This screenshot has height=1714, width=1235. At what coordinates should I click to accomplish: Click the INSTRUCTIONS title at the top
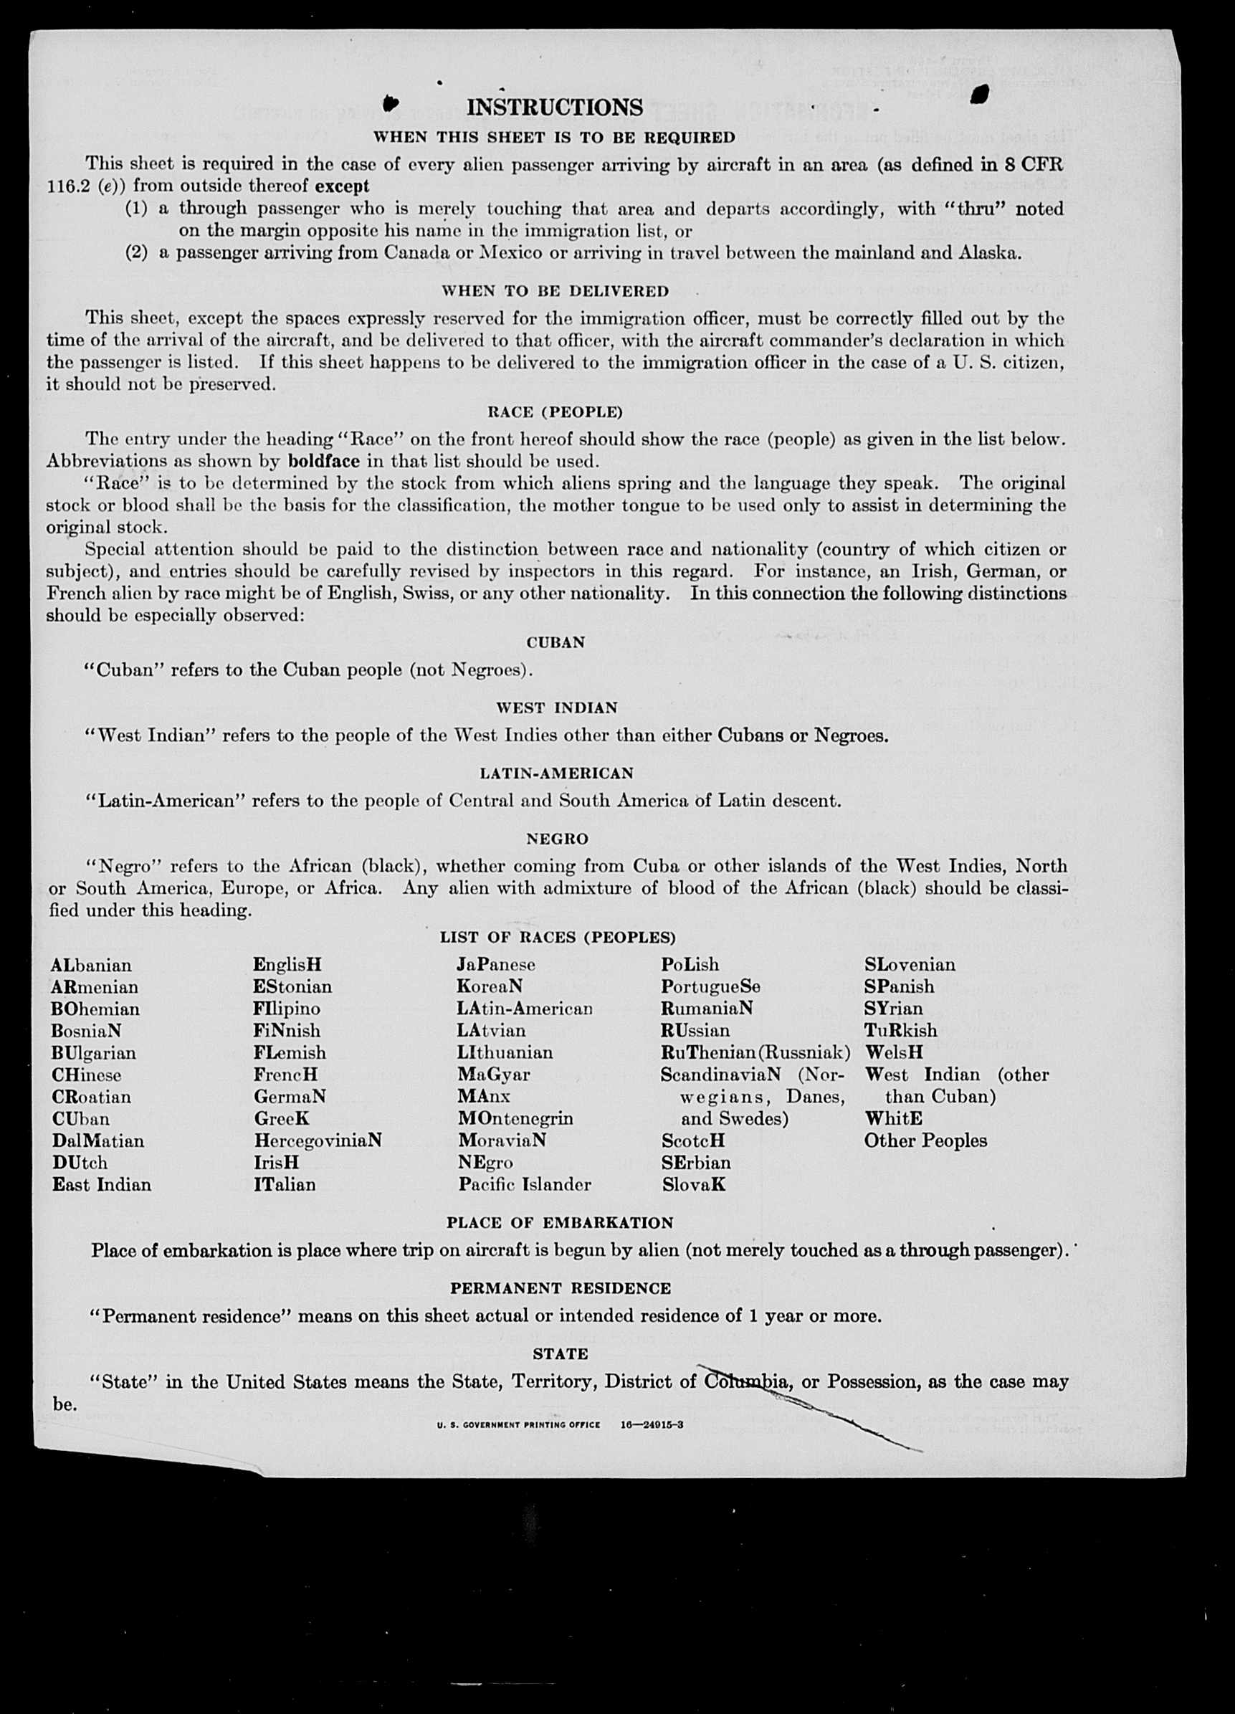555,108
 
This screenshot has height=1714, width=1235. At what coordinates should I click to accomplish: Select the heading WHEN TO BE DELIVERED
555,291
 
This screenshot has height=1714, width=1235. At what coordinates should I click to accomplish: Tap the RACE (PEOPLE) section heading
555,412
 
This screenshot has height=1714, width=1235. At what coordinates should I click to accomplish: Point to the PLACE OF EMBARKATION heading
559,1223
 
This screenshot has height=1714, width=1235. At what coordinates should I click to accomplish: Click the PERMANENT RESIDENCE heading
560,1287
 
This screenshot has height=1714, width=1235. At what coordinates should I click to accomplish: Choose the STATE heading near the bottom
560,1353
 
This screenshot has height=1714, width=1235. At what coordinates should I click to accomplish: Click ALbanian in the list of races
91,965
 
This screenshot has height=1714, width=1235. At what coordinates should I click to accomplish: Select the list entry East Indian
101,1184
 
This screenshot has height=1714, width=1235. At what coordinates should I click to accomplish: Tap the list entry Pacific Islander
525,1184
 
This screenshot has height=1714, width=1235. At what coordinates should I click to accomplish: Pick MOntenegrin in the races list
515,1118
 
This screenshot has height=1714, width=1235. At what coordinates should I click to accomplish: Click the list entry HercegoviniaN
318,1141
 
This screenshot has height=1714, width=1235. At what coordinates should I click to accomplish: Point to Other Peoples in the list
925,1141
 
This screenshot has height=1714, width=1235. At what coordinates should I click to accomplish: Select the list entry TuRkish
901,1030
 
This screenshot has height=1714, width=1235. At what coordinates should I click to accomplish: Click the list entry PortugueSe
710,987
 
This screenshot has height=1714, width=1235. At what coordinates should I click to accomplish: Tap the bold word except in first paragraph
342,186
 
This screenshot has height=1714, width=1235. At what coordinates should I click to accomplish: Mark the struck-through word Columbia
747,1381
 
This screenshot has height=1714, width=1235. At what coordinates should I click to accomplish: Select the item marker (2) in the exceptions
137,252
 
